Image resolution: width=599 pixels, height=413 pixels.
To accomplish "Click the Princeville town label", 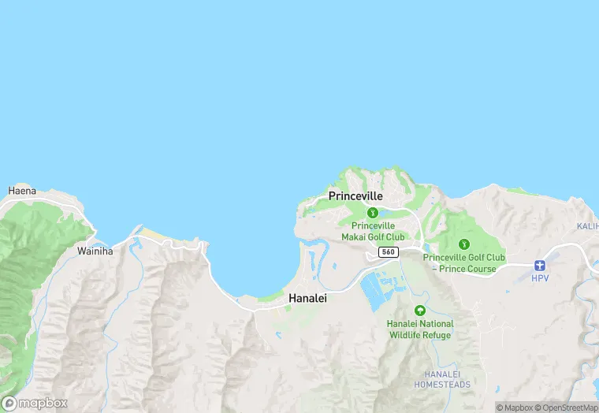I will (355, 195).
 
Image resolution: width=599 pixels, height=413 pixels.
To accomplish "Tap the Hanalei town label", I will (307, 299).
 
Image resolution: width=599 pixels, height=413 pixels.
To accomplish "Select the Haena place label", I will (22, 191).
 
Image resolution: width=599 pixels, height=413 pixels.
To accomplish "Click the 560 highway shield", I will (387, 251).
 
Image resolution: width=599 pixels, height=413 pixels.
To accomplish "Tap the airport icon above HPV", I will (540, 266).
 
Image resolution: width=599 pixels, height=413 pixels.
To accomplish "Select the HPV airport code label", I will (540, 278).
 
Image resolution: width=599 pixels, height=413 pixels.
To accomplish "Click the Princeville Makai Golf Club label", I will (373, 231).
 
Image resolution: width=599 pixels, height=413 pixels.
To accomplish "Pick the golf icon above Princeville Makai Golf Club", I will (373, 212).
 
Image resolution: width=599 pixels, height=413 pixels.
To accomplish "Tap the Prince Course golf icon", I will (463, 244).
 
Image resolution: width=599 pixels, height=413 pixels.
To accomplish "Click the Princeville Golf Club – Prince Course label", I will (463, 263).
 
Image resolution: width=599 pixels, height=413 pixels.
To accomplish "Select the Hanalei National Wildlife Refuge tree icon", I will (420, 311).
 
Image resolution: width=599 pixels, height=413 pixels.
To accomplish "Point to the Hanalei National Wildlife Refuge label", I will (420, 329).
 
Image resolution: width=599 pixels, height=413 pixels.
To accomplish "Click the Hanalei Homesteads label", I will (442, 379).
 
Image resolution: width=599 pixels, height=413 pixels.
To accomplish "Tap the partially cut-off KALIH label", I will (587, 226).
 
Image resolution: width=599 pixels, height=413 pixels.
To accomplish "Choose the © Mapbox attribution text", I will (515, 407).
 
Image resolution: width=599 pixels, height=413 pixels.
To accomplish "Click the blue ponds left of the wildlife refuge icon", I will (371, 294).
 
